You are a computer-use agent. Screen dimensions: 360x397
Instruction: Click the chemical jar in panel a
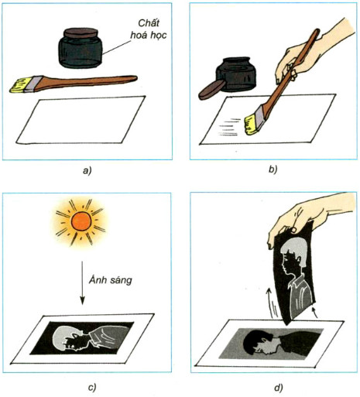point(81,49)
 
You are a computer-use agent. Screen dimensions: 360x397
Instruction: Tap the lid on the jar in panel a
point(81,33)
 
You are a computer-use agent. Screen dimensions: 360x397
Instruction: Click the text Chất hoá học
point(149,29)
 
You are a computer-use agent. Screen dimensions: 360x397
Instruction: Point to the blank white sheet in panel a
point(81,120)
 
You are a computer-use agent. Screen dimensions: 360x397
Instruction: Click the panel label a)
point(87,171)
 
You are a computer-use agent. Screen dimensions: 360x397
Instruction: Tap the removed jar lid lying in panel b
point(211,90)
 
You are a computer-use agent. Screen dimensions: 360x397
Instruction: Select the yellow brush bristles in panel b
point(252,125)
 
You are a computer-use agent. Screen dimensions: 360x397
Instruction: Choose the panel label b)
point(273,169)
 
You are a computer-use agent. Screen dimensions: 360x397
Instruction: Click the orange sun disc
point(81,221)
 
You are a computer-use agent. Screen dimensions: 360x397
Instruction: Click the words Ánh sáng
point(111,279)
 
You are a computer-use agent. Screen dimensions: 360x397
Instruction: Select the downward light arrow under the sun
point(82,282)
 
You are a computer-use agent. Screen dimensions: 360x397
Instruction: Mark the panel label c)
point(92,387)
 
